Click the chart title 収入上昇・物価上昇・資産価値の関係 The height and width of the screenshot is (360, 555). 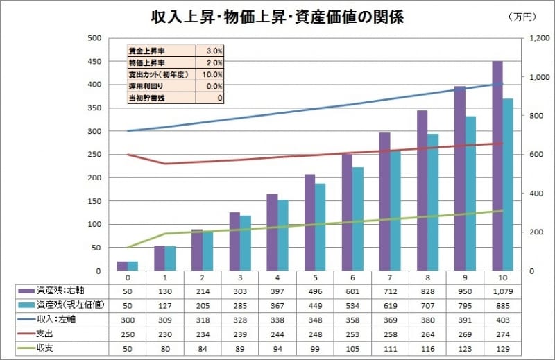pos(277,17)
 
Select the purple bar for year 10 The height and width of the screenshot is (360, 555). pos(497,166)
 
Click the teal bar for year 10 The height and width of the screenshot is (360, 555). pos(508,185)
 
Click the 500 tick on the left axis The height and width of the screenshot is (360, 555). pos(92,38)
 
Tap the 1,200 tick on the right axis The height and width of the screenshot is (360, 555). pos(538,38)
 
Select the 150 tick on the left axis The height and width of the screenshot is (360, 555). pos(92,200)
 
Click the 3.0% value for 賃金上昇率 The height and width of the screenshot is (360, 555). pos(214,51)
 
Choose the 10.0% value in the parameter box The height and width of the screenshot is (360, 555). pos(212,74)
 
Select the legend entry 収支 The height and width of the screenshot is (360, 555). pos(49,347)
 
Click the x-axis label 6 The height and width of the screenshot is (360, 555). pos(352,276)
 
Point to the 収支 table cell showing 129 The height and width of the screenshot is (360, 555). pos(502,347)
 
